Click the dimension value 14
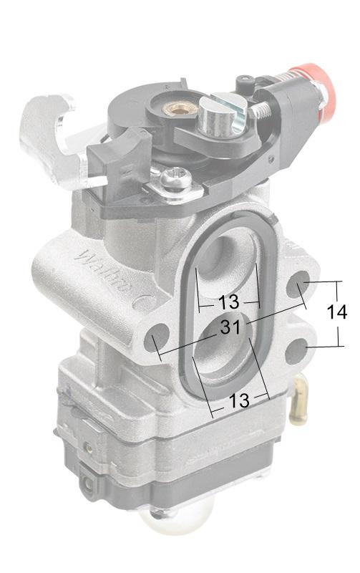tap(336, 313)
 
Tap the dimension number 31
tap(230, 327)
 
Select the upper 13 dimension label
tap(228, 302)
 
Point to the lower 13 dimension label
tap(239, 400)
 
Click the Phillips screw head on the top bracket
tap(175, 178)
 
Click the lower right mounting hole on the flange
tap(296, 351)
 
